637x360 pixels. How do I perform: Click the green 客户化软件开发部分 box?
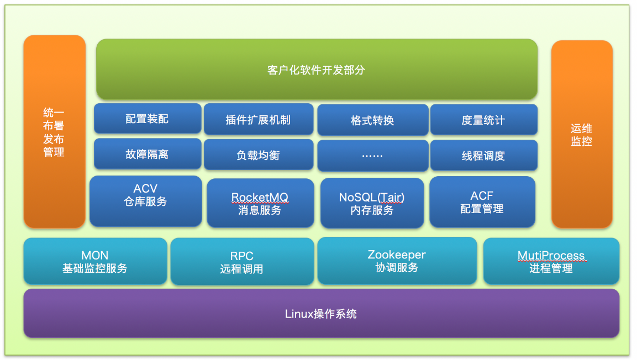317,70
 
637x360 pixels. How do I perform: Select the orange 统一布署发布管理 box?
54,131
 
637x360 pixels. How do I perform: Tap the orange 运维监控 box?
582,134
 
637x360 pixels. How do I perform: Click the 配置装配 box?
147,119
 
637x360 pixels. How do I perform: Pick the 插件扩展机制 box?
258,119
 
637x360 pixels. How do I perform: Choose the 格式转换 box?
372,120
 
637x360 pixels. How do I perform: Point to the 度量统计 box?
483,120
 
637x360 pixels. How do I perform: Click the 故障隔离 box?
147,154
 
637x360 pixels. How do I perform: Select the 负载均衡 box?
258,155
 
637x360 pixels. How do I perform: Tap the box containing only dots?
372,156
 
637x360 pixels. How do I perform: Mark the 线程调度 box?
483,156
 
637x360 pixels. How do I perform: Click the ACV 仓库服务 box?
145,201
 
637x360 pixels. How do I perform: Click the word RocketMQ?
260,197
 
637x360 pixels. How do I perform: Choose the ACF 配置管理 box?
482,202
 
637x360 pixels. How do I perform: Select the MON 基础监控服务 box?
95,262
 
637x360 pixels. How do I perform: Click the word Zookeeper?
397,255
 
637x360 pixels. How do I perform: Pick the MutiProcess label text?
551,255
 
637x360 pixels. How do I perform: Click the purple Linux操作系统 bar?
321,314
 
